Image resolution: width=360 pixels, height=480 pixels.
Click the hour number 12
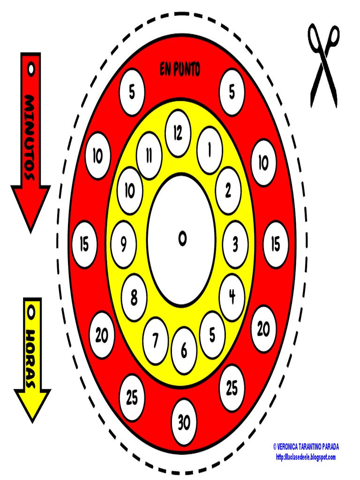click(x=178, y=134)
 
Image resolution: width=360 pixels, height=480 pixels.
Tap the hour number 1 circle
click(x=209, y=150)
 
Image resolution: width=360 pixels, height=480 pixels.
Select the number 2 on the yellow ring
click(x=228, y=191)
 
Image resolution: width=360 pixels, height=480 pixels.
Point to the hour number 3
click(x=235, y=244)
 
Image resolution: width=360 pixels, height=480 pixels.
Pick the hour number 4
click(x=232, y=296)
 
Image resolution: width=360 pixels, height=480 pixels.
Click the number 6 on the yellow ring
click(x=184, y=350)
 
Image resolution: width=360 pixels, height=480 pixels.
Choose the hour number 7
click(x=156, y=340)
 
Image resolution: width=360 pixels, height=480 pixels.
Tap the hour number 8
click(x=135, y=297)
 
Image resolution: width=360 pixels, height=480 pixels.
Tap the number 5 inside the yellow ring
click(x=212, y=335)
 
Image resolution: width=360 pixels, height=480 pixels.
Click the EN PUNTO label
click(x=180, y=70)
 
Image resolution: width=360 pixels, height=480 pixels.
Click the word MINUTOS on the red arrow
click(x=30, y=137)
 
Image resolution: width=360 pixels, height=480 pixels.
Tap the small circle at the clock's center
click(x=182, y=240)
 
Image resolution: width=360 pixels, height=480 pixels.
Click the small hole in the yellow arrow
click(x=31, y=310)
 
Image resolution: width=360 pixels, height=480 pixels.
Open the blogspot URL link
click(x=306, y=457)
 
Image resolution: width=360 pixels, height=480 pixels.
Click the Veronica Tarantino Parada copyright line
click(x=306, y=447)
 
